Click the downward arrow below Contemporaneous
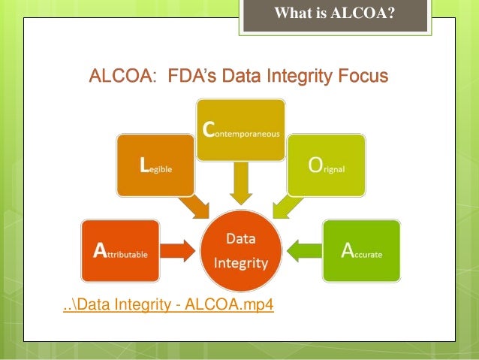(x=240, y=184)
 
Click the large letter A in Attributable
(x=98, y=252)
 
